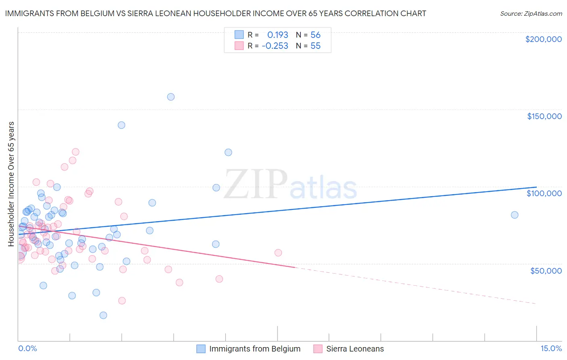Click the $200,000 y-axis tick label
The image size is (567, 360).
543,39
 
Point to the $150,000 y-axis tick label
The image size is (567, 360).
544,116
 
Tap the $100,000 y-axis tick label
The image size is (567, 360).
544,193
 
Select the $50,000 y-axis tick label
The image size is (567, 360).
546,270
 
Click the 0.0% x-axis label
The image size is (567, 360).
27,348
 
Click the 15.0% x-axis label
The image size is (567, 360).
551,348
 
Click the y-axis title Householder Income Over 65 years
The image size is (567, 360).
11,184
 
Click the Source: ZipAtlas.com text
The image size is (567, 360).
531,13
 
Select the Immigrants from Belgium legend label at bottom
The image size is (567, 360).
254,349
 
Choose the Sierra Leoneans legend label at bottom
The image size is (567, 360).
355,349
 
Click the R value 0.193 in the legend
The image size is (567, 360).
277,35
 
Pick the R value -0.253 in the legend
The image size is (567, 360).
275,46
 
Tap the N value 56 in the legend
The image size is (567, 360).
315,35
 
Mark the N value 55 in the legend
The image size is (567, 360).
315,46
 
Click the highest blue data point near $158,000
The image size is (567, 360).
171,97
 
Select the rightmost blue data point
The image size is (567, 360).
515,215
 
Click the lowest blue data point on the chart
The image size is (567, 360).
103,315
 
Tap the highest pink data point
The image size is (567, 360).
75,152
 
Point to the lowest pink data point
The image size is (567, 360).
122,301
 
